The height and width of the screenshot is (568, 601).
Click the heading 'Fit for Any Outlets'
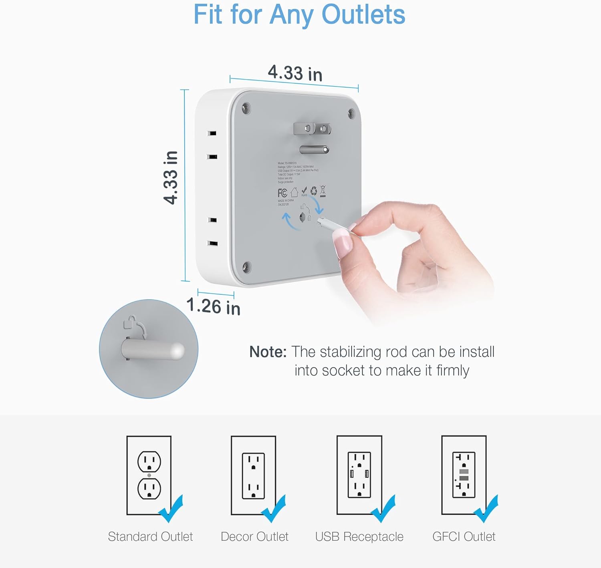299,15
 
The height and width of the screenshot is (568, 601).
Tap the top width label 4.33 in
295,73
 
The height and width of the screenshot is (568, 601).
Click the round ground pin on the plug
315,150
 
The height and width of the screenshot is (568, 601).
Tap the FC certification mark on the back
282,193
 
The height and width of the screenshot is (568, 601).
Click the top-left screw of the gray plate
246,108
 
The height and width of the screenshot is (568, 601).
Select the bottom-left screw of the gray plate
247,267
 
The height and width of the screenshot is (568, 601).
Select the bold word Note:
268,352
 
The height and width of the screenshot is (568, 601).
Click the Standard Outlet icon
149,475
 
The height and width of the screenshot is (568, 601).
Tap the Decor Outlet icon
253,475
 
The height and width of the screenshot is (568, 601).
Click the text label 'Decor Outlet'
254,537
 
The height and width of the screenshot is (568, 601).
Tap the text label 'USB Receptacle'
359,537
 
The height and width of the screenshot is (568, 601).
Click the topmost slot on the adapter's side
212,133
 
